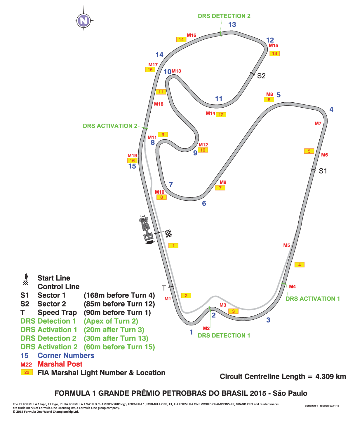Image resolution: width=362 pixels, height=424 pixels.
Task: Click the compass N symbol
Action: click(83, 20)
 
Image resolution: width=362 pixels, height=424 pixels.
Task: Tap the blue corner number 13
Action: click(232, 24)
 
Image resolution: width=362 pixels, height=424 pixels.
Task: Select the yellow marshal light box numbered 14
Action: click(181, 39)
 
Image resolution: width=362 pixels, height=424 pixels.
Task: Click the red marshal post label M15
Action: click(273, 45)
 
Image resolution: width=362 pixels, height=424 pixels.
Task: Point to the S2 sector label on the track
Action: click(261, 76)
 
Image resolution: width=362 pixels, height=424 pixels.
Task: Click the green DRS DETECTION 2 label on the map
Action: click(224, 16)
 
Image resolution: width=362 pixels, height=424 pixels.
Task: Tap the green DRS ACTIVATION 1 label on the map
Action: click(312, 299)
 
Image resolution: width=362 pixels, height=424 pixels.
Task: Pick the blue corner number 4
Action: click(331, 109)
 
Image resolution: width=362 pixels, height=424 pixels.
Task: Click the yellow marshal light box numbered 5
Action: click(309, 151)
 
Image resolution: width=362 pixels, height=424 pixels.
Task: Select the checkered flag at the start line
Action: click(168, 234)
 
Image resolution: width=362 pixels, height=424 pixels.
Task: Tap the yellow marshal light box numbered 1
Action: click(173, 246)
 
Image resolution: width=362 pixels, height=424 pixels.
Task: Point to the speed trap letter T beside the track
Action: click(164, 288)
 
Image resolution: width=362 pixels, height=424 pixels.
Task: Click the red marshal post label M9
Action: click(223, 182)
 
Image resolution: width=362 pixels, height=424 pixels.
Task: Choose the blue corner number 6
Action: click(204, 203)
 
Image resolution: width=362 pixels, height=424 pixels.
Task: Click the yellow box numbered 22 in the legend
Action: click(27, 372)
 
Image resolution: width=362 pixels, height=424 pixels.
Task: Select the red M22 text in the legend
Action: click(26, 364)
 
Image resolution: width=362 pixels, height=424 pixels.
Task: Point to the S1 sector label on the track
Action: click(323, 171)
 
